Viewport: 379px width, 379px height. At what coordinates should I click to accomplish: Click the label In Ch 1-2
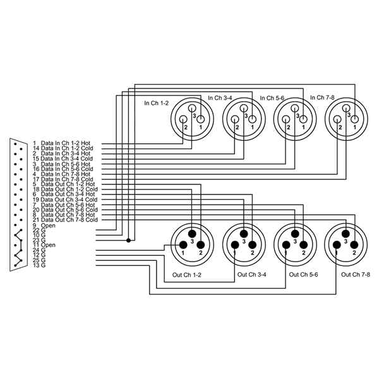[156, 103]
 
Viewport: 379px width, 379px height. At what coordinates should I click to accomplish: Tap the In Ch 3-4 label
[220, 98]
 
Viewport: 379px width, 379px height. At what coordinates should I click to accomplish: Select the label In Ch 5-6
[272, 98]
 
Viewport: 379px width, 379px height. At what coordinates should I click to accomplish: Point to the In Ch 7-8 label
[322, 97]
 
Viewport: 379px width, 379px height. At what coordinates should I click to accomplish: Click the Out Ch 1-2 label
[187, 275]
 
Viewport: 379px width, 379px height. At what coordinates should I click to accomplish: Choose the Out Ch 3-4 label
[251, 275]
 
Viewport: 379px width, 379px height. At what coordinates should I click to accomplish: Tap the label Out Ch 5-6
[303, 275]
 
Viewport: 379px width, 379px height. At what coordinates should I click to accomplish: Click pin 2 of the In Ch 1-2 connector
[186, 126]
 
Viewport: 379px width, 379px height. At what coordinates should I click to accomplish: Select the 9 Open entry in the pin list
[44, 225]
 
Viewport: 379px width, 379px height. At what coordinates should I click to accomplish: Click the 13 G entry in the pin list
[40, 265]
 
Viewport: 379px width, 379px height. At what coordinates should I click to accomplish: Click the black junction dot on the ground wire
[128, 241]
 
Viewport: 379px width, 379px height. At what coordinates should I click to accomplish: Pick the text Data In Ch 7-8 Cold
[67, 179]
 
